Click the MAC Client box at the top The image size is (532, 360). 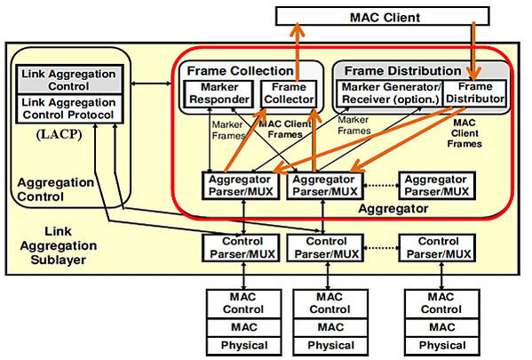point(383,16)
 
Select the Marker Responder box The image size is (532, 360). point(218,93)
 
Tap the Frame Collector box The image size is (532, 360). point(289,93)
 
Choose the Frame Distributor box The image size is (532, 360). point(475,92)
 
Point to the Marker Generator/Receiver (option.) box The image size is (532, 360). point(390,93)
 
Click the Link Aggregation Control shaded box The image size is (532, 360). point(69,80)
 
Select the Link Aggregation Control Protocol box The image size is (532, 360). point(69,108)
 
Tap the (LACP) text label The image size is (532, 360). point(59,134)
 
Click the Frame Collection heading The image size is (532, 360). point(240,70)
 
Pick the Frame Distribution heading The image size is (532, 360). point(402,70)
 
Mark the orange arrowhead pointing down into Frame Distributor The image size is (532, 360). point(473,73)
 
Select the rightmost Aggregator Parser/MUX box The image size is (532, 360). point(437,186)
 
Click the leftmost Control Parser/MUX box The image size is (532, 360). point(242,248)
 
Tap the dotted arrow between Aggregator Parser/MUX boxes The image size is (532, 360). point(381,186)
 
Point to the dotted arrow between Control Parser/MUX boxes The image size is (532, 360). point(381,248)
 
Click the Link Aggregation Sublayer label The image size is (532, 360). point(59,245)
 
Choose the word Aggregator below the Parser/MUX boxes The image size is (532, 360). point(393,208)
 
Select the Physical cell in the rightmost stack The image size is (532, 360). point(442,346)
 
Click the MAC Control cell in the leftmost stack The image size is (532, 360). point(243,303)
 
